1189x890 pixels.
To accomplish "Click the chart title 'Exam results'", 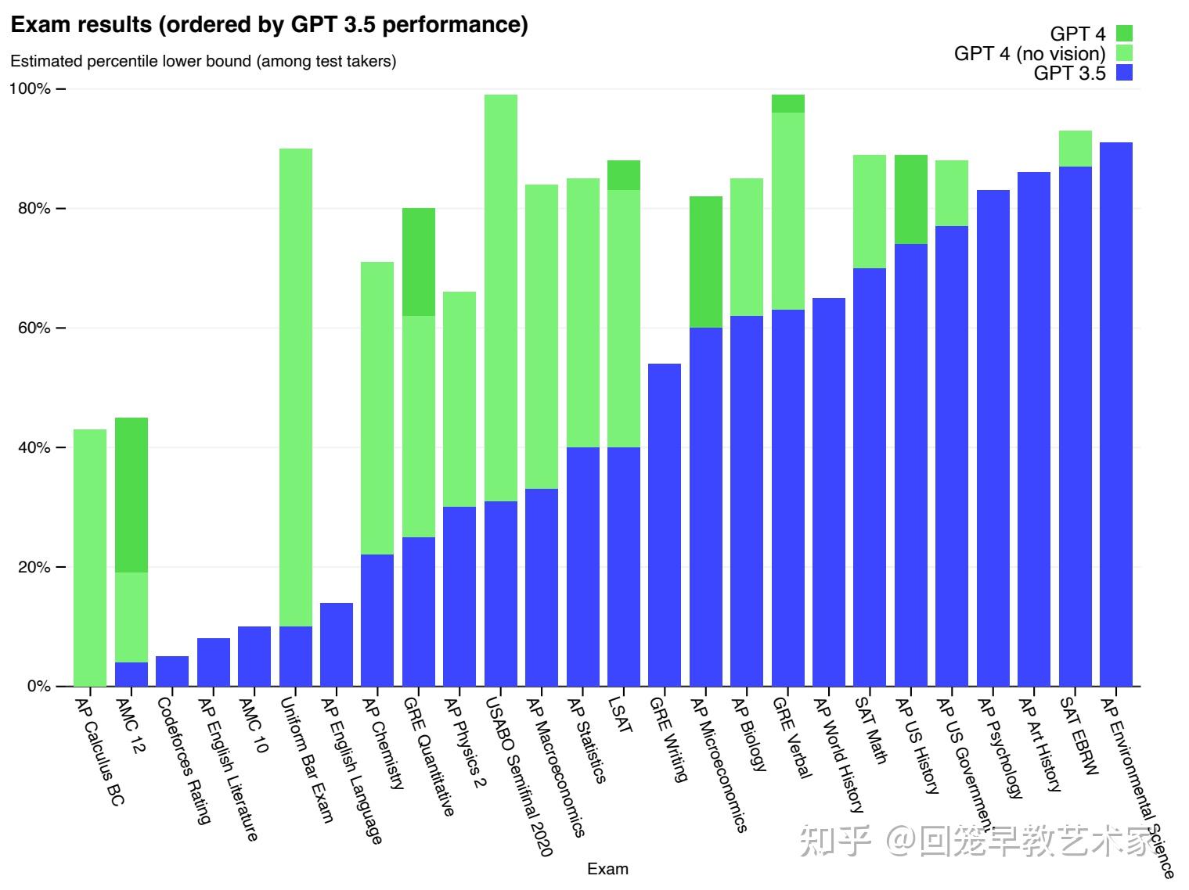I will (x=268, y=25).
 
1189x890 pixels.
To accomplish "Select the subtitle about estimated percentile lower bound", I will (x=203, y=61).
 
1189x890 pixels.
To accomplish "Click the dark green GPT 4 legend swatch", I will (x=1124, y=34).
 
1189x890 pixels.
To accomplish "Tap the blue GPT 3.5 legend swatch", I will (x=1124, y=74).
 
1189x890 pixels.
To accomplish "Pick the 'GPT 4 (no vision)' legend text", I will (x=1029, y=54).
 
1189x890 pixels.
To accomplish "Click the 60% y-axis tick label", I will (x=30, y=328).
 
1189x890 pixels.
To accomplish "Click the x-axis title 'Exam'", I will (x=607, y=869).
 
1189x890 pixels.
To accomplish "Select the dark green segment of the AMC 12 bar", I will (x=132, y=495).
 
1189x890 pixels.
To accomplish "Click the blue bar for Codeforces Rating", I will (x=172, y=671).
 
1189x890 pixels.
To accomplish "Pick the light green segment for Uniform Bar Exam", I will (x=296, y=387).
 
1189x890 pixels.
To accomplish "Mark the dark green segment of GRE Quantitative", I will (x=419, y=262).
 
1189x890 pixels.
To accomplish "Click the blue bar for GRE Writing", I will (x=665, y=525).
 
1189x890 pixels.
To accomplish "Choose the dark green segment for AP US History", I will (x=911, y=199).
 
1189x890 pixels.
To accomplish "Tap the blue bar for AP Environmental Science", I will (x=1115, y=414).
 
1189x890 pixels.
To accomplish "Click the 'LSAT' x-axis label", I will (x=620, y=715).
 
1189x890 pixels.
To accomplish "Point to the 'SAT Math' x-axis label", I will (x=871, y=730).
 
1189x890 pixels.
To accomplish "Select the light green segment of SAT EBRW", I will (x=1075, y=149).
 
